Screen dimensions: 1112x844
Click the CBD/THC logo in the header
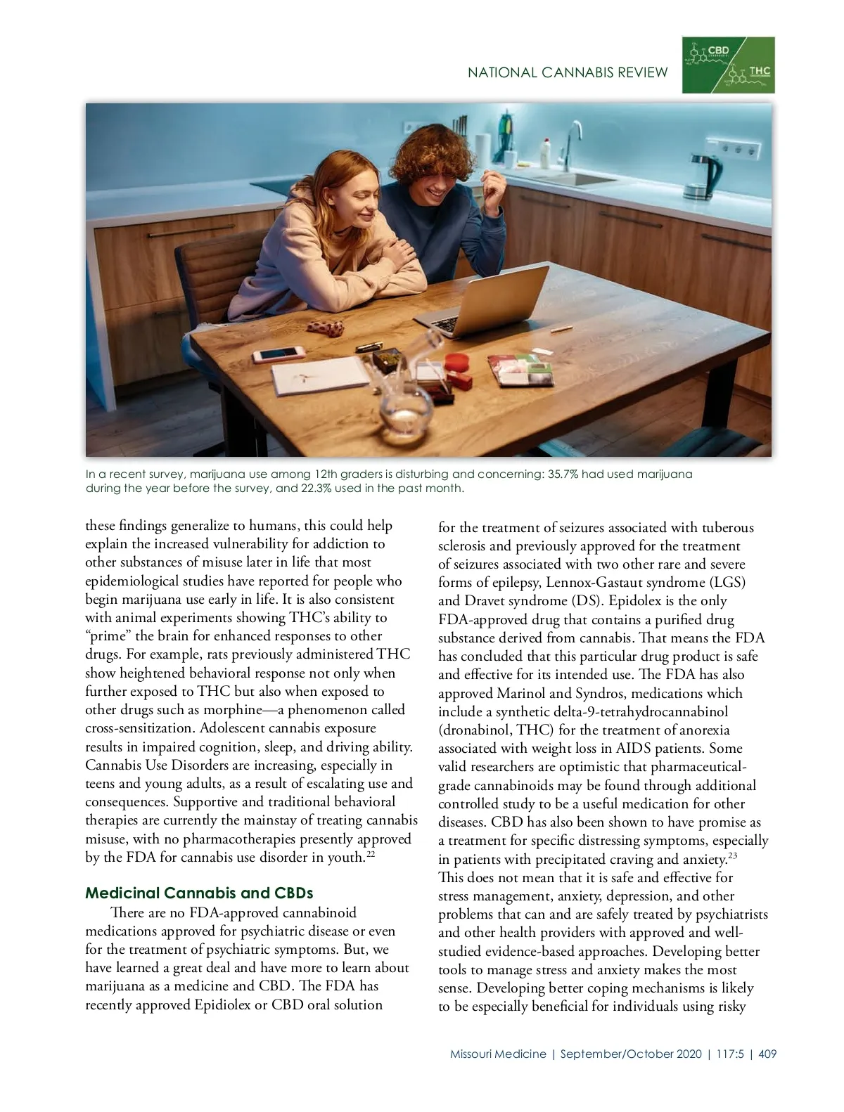(728, 65)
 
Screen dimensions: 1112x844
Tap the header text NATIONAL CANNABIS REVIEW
(568, 72)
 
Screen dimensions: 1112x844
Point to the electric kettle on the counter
(703, 176)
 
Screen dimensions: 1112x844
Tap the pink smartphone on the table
(279, 354)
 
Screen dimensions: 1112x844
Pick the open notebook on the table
(320, 375)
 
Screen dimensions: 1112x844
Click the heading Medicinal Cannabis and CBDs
(199, 893)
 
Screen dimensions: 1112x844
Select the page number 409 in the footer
(767, 1054)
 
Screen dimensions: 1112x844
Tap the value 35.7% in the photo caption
(563, 474)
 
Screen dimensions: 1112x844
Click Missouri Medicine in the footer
(498, 1054)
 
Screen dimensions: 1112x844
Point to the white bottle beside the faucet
(544, 150)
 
